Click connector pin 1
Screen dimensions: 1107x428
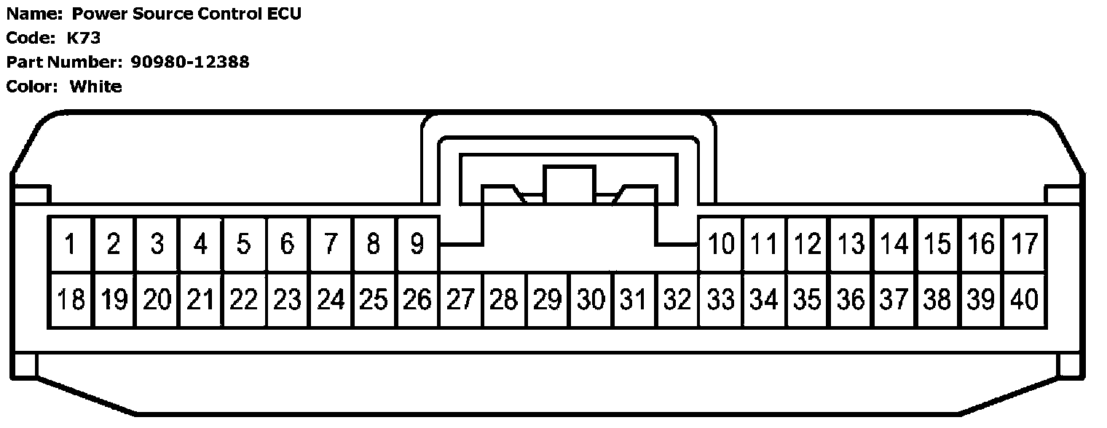click(70, 244)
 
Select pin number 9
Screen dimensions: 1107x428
click(417, 244)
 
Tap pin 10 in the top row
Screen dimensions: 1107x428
click(721, 244)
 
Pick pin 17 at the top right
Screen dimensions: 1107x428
click(1025, 244)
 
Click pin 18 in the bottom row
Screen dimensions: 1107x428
click(70, 299)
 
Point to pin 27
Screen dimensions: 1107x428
click(460, 299)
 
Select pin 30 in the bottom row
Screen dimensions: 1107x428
click(591, 299)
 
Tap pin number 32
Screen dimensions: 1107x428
click(677, 299)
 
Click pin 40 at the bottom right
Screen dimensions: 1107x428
click(1025, 299)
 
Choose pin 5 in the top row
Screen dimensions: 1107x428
click(243, 244)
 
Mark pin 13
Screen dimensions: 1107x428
click(851, 244)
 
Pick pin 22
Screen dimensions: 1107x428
click(243, 299)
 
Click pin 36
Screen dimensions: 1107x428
click(851, 299)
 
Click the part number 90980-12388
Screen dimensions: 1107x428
click(190, 62)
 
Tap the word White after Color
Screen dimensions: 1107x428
click(95, 87)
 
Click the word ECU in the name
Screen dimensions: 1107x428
click(283, 14)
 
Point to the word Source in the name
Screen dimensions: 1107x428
click(167, 14)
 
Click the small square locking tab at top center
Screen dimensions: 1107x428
click(570, 182)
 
